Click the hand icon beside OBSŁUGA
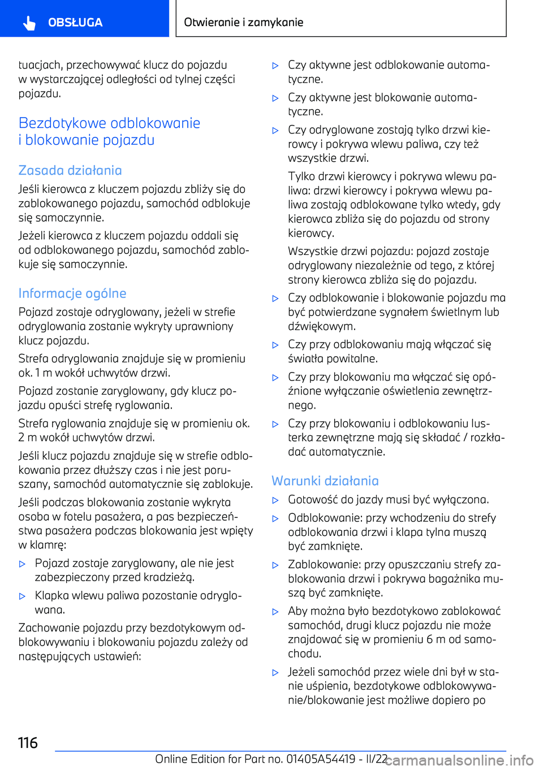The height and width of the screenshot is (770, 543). (29, 23)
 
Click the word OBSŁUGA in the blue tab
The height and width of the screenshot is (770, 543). (75, 23)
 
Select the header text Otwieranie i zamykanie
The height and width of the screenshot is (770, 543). (244, 22)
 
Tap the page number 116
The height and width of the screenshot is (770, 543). (28, 742)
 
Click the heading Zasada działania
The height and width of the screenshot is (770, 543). (70, 170)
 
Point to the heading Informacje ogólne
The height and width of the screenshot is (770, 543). (72, 293)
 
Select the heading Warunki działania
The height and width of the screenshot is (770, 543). (325, 481)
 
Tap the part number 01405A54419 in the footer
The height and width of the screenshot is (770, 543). (321, 759)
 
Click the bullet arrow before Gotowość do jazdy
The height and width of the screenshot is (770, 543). (275, 500)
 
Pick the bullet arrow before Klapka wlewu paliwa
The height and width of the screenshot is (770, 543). (23, 596)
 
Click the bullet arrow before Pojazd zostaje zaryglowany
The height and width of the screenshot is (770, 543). (23, 564)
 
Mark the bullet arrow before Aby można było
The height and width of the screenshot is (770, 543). (275, 612)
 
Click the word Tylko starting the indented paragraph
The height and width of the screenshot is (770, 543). (302, 176)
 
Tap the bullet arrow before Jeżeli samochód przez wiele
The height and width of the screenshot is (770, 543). (275, 673)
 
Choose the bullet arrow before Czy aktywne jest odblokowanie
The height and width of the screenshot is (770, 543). (275, 66)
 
